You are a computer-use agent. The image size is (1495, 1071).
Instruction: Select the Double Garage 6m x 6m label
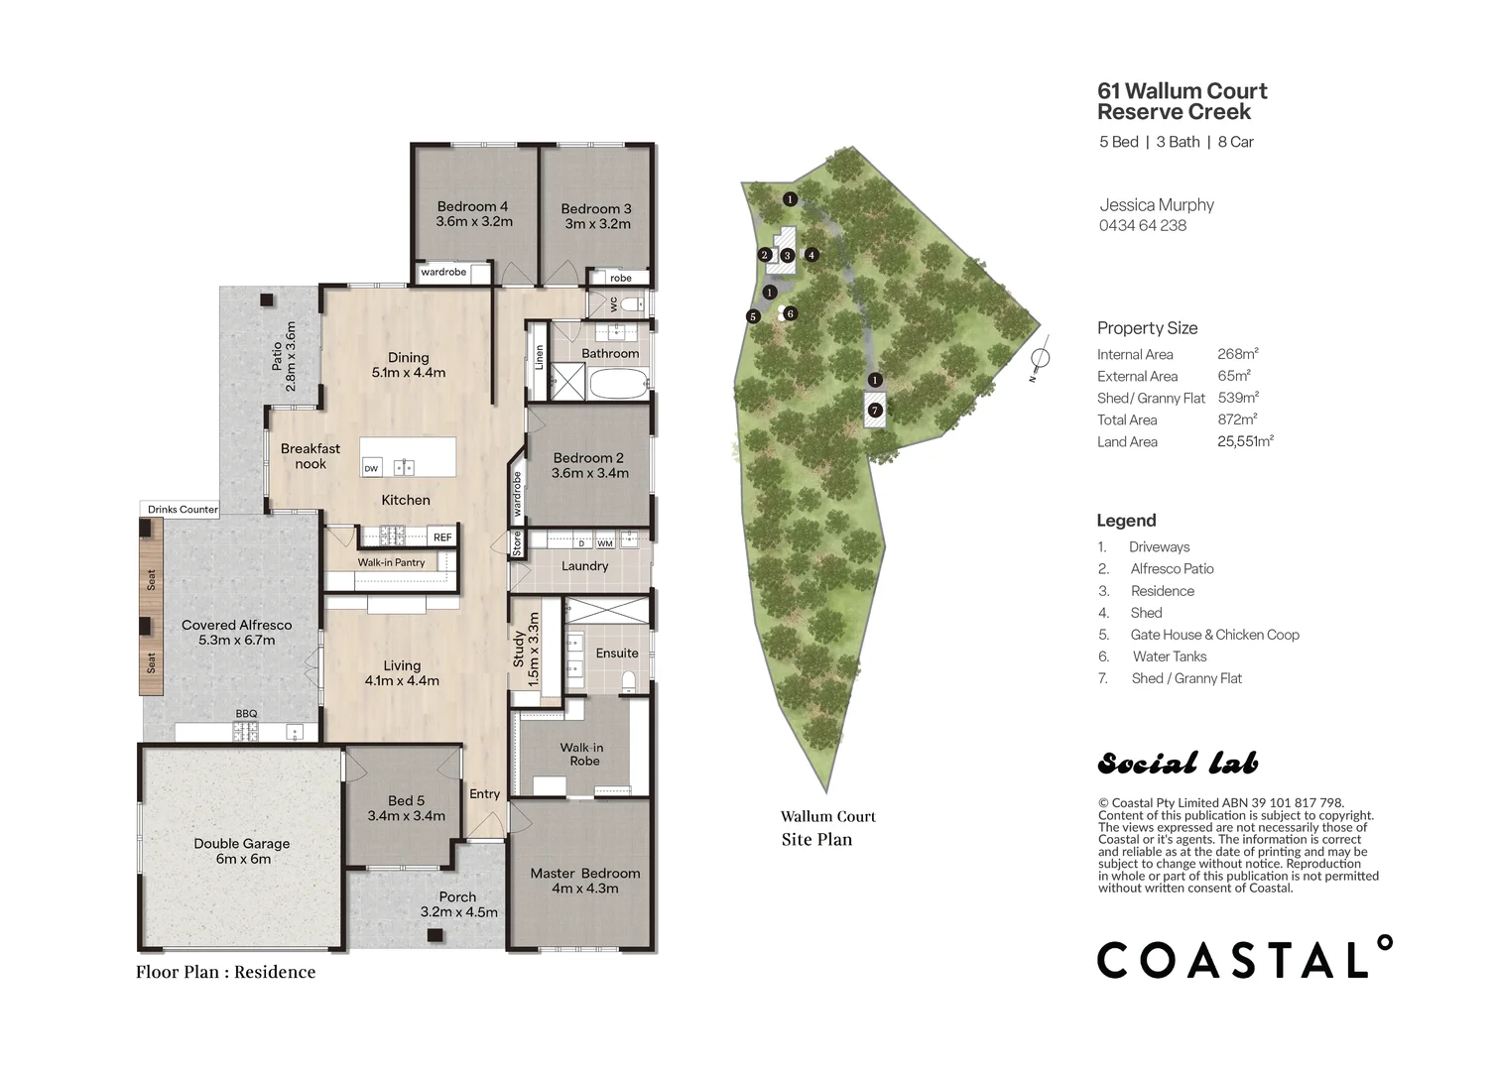coord(242,851)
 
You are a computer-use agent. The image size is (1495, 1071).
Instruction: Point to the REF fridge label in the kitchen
coord(442,537)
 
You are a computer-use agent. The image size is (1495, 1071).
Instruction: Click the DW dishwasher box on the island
coord(371,469)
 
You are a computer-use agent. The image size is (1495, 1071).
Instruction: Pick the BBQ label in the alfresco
coord(246,714)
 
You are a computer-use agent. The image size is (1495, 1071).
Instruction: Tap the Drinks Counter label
coord(183,510)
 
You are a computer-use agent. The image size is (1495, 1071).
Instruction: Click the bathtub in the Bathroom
coord(617,383)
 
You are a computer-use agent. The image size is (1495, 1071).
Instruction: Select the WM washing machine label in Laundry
coord(604,543)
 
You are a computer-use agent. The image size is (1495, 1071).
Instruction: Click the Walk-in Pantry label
coord(391,562)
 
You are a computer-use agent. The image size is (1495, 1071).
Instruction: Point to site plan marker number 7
coord(874,410)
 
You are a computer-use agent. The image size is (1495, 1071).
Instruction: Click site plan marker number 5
coord(753,316)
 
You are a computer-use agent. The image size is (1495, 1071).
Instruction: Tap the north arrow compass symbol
coord(1039,360)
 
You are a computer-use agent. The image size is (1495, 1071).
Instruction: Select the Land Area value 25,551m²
coord(1245,441)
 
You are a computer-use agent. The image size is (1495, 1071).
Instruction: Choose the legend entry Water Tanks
coord(1169,656)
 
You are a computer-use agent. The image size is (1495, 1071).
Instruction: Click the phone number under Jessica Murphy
coord(1142,225)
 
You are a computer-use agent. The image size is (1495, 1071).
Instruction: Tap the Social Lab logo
coord(1178,763)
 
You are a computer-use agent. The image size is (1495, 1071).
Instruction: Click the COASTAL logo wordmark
coord(1244,959)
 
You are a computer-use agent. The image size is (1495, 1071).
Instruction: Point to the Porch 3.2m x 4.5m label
coord(458,904)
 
